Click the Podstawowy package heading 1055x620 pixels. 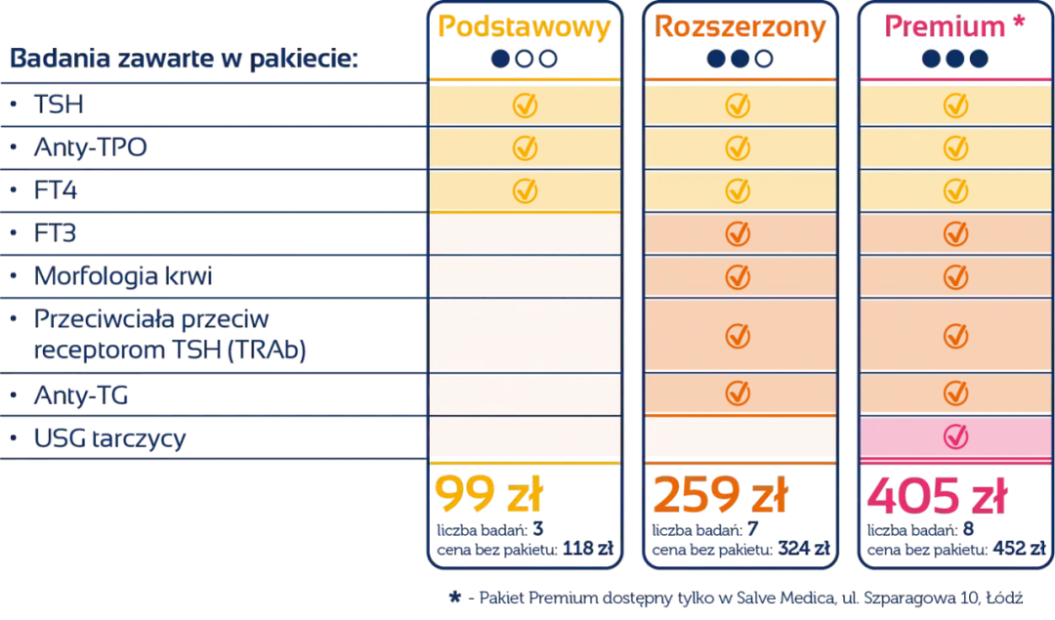click(x=525, y=27)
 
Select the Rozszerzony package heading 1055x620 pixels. click(x=739, y=27)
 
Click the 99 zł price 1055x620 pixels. click(x=487, y=497)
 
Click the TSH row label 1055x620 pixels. click(x=60, y=103)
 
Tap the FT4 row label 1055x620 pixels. click(x=57, y=191)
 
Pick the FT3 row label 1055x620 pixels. click(x=57, y=234)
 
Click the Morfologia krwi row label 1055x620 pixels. click(x=123, y=277)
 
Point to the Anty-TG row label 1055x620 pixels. click(x=82, y=395)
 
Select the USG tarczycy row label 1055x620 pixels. click(x=109, y=438)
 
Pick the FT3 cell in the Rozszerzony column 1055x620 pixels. click(x=739, y=234)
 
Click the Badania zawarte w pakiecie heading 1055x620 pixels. click(x=184, y=60)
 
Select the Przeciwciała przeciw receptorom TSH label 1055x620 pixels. click(x=171, y=335)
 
